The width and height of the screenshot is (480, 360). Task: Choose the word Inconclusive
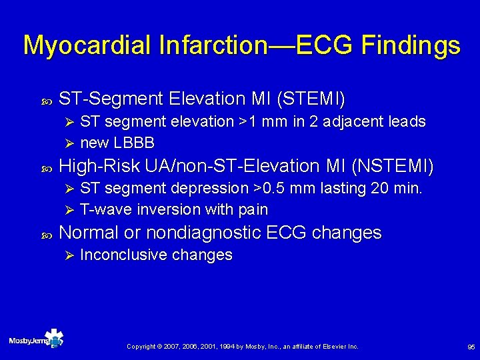tap(123, 255)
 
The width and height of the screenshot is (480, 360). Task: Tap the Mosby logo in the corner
tap(37, 339)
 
